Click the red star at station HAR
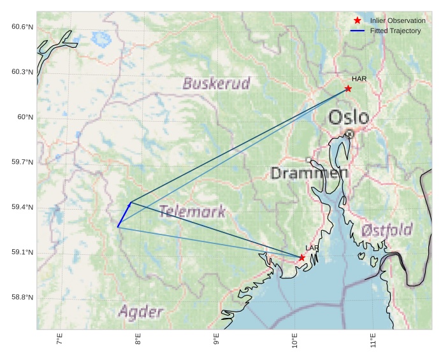[x=348, y=89]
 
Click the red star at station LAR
[x=301, y=257]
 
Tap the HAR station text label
[x=359, y=79]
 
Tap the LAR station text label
[x=312, y=248]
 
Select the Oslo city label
[x=349, y=117]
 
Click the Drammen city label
[x=309, y=173]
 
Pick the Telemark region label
[x=192, y=212]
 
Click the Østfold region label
[x=386, y=230]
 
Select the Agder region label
[x=141, y=312]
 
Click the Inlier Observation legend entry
[x=397, y=21]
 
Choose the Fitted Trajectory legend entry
[x=395, y=31]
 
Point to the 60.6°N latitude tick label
[x=22, y=27]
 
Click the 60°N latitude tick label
[x=24, y=117]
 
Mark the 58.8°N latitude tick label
[x=22, y=298]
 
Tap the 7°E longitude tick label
[x=60, y=340]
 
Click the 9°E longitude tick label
[x=217, y=340]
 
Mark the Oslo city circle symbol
[x=349, y=134]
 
